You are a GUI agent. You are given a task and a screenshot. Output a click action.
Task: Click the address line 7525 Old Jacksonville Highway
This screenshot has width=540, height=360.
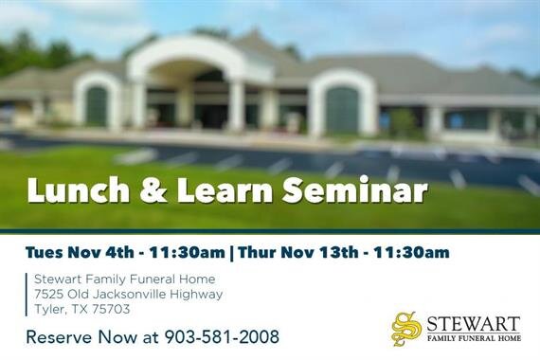tap(128, 294)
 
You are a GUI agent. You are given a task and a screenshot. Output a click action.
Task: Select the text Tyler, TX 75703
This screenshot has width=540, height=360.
tap(81, 309)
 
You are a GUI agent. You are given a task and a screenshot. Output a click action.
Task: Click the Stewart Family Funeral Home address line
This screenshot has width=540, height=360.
tap(124, 279)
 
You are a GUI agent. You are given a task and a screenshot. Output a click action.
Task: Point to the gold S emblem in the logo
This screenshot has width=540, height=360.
tap(406, 328)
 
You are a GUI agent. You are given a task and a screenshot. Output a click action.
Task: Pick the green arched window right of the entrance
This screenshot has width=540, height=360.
tap(341, 110)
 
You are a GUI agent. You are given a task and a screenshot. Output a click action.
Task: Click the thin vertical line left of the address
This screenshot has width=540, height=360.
tap(27, 294)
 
